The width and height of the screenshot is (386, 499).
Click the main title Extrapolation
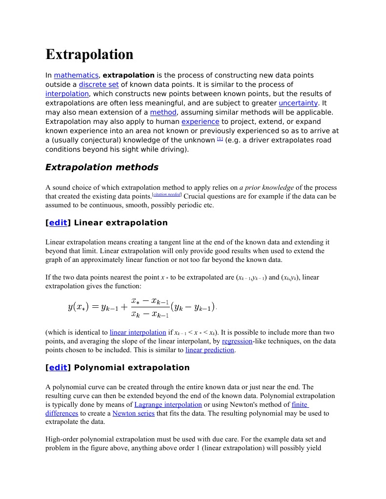(89, 54)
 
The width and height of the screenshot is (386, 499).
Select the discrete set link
(99, 84)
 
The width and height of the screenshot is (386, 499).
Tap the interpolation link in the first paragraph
(67, 94)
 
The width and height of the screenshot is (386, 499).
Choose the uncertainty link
(298, 103)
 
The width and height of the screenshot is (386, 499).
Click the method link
(163, 112)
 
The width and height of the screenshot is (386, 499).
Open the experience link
(200, 121)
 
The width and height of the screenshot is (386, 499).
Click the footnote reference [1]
(220, 139)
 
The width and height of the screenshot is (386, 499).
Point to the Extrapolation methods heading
(102, 167)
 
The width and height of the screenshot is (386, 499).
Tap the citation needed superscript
(167, 195)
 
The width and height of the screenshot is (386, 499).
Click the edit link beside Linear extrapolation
(58, 223)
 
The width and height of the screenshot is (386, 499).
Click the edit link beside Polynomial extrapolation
(58, 368)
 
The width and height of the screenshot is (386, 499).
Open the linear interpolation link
(138, 333)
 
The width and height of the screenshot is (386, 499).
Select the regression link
(237, 341)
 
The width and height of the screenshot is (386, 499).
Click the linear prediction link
(210, 350)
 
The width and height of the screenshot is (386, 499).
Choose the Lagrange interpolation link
(168, 404)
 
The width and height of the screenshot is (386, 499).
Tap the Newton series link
(133, 413)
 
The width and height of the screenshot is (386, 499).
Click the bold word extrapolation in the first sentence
(128, 75)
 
